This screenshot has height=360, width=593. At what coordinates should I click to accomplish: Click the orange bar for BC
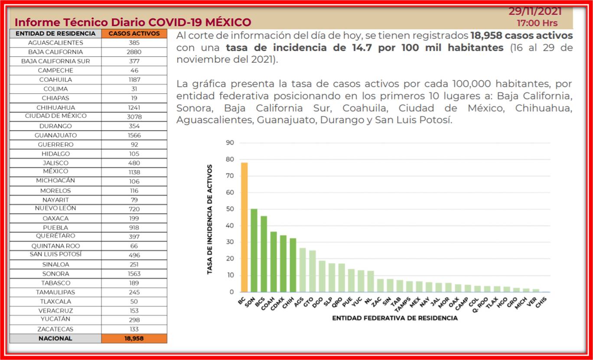click(244, 227)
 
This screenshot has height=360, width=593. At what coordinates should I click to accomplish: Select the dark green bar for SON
click(254, 250)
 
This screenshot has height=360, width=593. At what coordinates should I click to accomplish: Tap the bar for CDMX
click(283, 263)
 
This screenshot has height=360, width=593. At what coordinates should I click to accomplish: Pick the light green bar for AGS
click(303, 270)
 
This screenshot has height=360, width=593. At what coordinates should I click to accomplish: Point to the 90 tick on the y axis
click(230, 143)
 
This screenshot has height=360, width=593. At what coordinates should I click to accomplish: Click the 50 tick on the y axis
click(230, 209)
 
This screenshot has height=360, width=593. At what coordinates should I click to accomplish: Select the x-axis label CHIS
click(541, 302)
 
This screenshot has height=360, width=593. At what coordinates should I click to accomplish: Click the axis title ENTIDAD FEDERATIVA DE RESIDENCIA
click(395, 318)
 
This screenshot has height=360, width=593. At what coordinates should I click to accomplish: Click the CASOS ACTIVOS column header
click(134, 33)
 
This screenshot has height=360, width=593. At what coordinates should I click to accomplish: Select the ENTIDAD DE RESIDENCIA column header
click(55, 33)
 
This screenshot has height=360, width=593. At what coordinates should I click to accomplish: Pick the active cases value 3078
click(134, 117)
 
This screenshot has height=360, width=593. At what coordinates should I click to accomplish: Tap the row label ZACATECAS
click(55, 329)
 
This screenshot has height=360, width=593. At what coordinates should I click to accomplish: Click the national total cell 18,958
click(134, 338)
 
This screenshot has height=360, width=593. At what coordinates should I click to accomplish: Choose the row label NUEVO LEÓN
click(55, 208)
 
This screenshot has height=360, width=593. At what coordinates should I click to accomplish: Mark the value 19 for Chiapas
click(134, 98)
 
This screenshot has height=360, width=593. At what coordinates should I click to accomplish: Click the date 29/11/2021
click(535, 12)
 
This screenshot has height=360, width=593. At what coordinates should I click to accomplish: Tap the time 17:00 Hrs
click(537, 23)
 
